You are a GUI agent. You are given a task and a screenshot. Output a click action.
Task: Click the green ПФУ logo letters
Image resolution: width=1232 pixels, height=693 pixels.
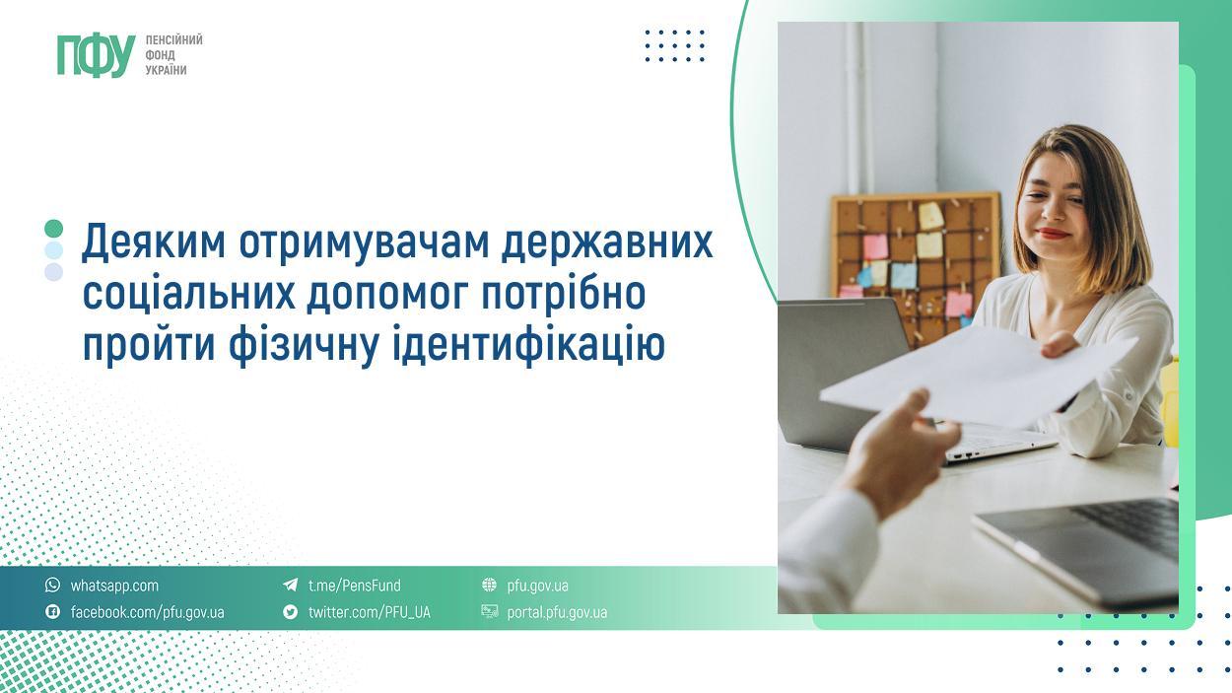[97, 55]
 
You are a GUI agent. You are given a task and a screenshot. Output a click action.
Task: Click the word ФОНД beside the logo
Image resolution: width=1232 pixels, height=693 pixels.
[160, 55]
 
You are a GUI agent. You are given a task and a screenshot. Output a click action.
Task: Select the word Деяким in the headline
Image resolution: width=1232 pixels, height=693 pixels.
[154, 242]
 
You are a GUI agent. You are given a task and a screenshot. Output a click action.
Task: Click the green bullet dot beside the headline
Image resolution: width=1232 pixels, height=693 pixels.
[54, 229]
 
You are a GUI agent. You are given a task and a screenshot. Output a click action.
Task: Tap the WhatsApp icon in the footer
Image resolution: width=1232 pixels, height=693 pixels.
[52, 585]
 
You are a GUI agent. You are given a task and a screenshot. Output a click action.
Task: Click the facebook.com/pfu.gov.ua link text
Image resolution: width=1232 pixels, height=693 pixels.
[148, 612]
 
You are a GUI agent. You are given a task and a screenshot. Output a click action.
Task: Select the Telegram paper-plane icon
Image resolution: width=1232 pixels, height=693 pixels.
[291, 585]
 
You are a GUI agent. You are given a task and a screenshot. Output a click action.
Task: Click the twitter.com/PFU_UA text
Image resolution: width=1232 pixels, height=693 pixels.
[369, 612]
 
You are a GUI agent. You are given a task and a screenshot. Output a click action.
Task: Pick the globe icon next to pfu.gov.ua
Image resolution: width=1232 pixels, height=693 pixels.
[489, 585]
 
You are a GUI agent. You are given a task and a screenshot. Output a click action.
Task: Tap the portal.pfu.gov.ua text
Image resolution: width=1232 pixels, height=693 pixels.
[557, 612]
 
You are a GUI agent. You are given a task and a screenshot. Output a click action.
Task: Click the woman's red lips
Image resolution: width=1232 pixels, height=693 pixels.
[1054, 234]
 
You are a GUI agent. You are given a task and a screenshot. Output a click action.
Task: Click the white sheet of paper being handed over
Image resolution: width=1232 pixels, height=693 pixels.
[978, 377]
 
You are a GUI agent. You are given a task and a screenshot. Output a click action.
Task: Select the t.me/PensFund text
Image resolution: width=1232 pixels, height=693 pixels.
[354, 586]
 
